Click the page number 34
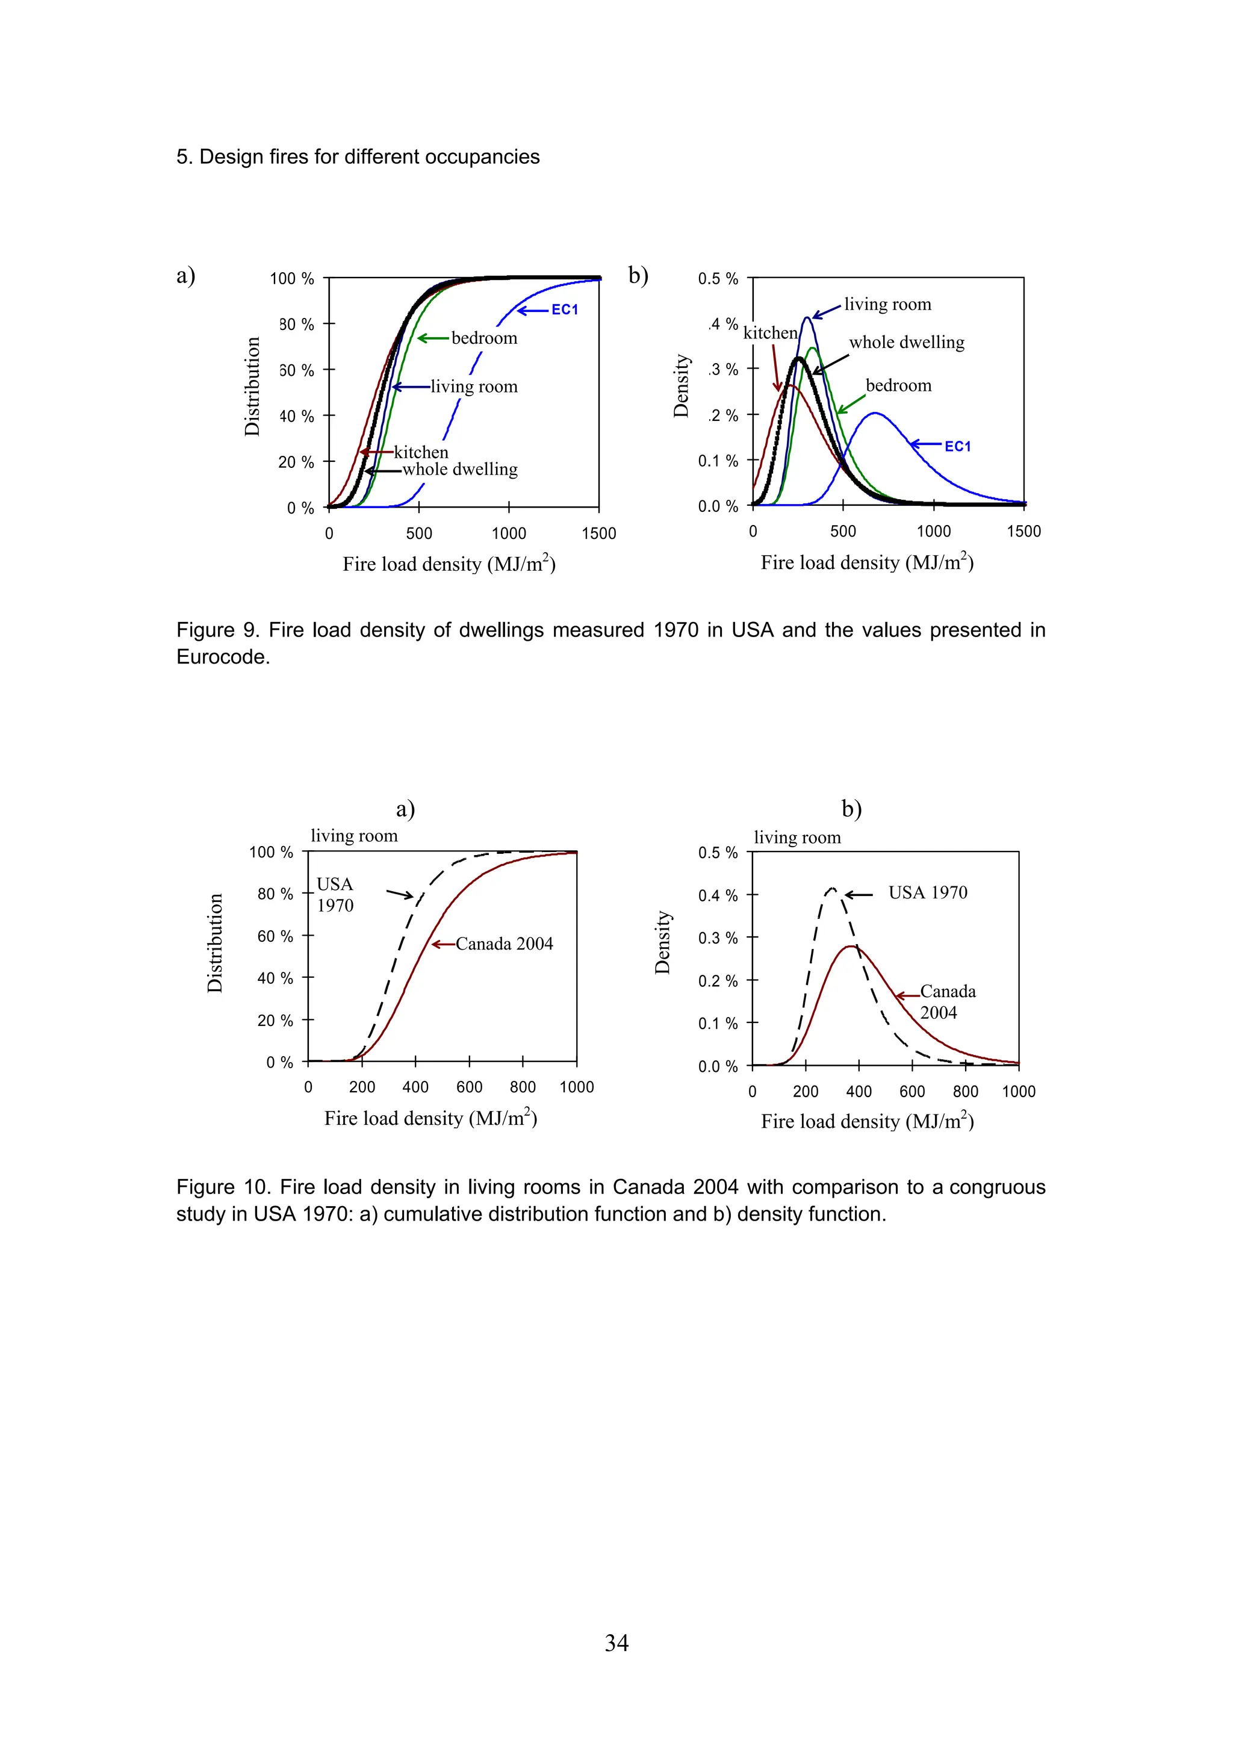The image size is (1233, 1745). (616, 1643)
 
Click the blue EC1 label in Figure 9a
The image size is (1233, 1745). (565, 309)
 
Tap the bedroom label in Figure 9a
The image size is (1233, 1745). (484, 338)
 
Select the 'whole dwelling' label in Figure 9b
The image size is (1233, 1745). (906, 342)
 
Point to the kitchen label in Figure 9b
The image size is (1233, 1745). (769, 333)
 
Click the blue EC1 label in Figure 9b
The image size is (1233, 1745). (957, 446)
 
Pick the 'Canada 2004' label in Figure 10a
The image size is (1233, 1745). (504, 944)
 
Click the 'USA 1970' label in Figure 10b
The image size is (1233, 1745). (928, 893)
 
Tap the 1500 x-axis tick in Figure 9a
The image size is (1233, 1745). (598, 533)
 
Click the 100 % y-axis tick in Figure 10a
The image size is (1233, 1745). (271, 853)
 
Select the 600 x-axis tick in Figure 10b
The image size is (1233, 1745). (912, 1092)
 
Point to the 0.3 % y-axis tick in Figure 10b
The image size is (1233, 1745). (718, 939)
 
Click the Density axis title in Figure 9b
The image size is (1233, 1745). (682, 386)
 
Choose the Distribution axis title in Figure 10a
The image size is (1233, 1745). (215, 943)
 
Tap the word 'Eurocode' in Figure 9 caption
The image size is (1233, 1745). (223, 657)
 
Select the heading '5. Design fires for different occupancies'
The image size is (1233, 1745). (358, 157)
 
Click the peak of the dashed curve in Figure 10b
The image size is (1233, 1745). (833, 889)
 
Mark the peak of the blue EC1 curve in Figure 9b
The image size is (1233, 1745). (876, 414)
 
